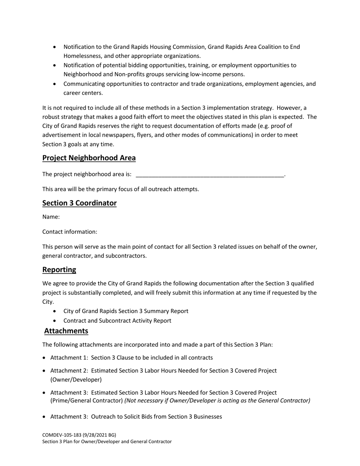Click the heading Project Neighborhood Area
[x=89, y=158]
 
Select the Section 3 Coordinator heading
[x=79, y=203]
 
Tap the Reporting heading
[x=59, y=270]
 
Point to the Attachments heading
[x=66, y=331]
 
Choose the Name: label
[x=51, y=217]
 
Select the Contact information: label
[x=70, y=232]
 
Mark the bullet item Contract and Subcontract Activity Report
[x=117, y=321]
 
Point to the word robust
[x=52, y=117]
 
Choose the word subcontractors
[x=126, y=256]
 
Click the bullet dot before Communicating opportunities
[x=55, y=84]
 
